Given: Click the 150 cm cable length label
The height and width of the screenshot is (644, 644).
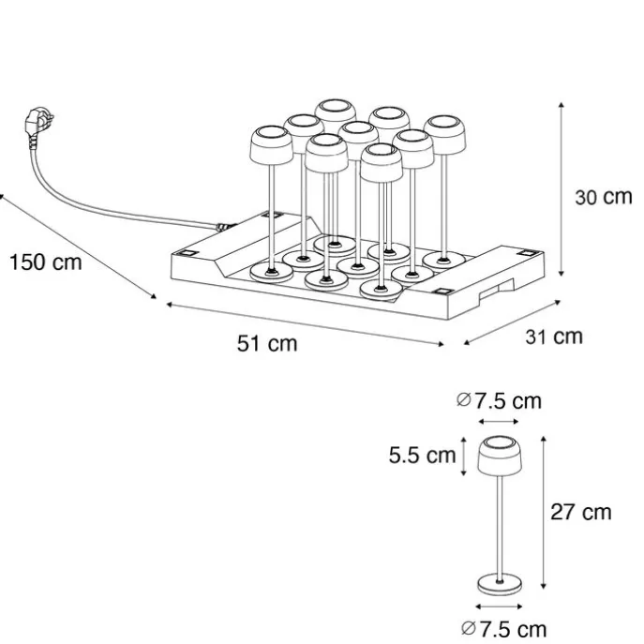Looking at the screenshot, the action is pyautogui.click(x=46, y=262).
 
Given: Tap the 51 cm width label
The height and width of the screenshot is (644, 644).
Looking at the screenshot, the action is pyautogui.click(x=267, y=343).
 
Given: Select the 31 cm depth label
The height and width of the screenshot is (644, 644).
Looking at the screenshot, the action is pyautogui.click(x=554, y=337).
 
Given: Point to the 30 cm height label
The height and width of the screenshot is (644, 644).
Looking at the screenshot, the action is pyautogui.click(x=604, y=197).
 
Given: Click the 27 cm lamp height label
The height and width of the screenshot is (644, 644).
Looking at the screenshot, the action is pyautogui.click(x=581, y=512).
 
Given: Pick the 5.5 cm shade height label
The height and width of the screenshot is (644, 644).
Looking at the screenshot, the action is pyautogui.click(x=422, y=455).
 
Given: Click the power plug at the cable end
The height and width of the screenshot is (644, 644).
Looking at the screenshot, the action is pyautogui.click(x=38, y=124).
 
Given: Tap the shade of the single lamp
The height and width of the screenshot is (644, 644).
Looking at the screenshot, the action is pyautogui.click(x=500, y=456).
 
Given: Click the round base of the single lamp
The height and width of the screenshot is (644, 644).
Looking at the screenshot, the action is pyautogui.click(x=500, y=584).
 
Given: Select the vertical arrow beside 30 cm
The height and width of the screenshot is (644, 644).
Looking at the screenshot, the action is pyautogui.click(x=562, y=189).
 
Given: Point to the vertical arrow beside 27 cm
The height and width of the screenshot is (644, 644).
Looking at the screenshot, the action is pyautogui.click(x=544, y=513).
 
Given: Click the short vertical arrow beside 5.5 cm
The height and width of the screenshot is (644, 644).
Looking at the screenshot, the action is pyautogui.click(x=464, y=457).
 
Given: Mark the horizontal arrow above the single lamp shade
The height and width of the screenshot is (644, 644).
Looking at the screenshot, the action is pyautogui.click(x=499, y=422).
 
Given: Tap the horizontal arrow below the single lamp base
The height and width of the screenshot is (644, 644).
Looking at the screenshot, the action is pyautogui.click(x=499, y=607).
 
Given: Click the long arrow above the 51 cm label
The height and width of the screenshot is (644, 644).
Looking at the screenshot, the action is pyautogui.click(x=306, y=324).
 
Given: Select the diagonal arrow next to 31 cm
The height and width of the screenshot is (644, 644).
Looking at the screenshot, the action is pyautogui.click(x=512, y=322).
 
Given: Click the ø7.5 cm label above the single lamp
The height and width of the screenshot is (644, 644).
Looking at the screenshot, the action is pyautogui.click(x=499, y=401).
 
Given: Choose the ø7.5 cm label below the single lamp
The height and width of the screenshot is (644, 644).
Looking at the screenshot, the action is pyautogui.click(x=504, y=629).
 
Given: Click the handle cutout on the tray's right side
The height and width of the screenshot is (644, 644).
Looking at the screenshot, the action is pyautogui.click(x=497, y=290).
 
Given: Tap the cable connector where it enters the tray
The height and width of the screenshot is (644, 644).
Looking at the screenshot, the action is pyautogui.click(x=224, y=227).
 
